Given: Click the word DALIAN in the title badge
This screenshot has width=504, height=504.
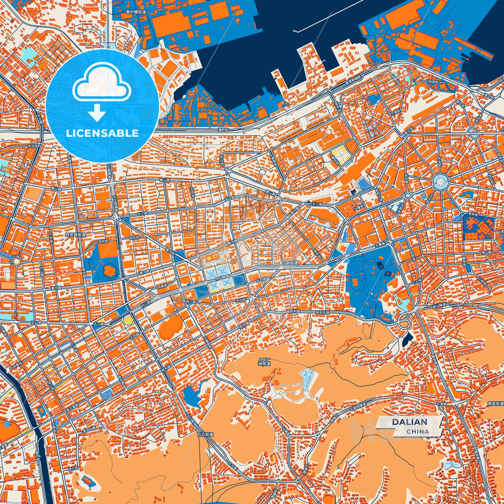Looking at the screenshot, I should (409, 422).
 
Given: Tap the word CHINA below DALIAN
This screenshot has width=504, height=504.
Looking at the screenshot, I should (418, 431).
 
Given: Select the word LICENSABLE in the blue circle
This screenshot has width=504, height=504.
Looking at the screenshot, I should (102, 133).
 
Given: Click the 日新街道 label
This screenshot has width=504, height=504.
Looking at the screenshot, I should (290, 263).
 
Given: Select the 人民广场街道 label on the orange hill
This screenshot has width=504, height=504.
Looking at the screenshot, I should (264, 361).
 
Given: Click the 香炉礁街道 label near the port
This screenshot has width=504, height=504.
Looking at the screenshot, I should (136, 12).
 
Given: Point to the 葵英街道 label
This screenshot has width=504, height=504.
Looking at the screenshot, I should (495, 404).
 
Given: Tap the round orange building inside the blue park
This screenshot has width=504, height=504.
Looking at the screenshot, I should (110, 271).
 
